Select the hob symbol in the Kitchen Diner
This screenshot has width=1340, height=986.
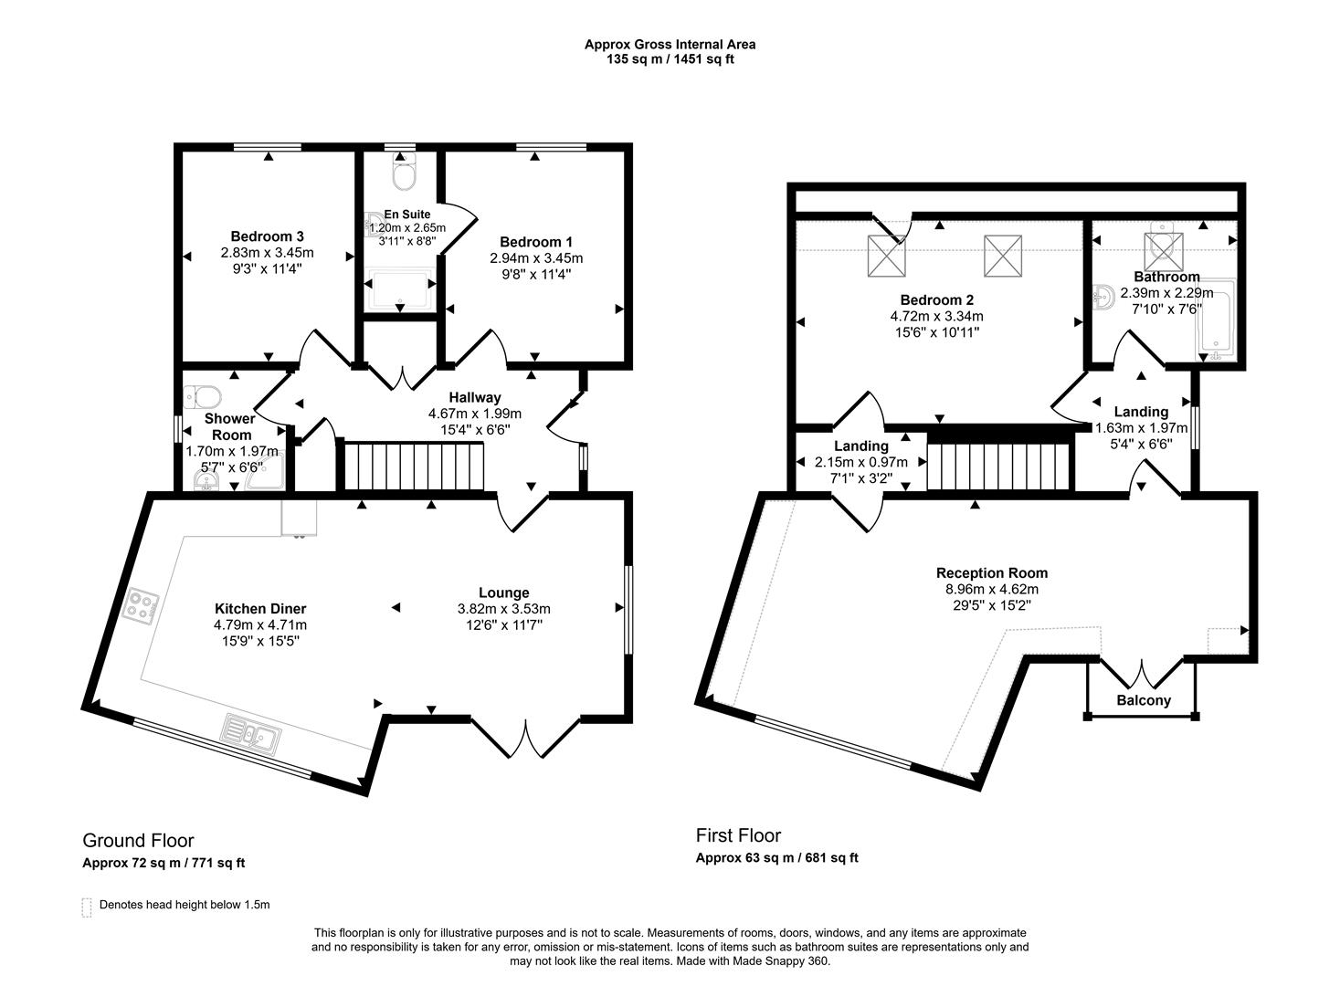click(x=142, y=604)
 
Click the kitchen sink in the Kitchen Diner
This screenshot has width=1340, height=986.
click(x=250, y=733)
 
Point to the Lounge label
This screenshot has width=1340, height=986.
click(x=503, y=593)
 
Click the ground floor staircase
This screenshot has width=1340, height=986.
click(x=412, y=467)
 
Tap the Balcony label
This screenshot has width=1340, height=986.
click(x=1143, y=700)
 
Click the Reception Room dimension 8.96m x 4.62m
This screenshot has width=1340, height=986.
click(x=992, y=589)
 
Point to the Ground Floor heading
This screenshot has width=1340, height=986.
click(x=138, y=840)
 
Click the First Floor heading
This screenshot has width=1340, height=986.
click(x=738, y=835)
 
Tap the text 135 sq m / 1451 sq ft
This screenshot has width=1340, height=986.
click(x=670, y=59)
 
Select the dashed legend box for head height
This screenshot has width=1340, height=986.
click(x=87, y=906)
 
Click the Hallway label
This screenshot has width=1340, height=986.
click(x=474, y=397)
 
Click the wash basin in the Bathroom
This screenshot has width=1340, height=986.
click(x=1103, y=298)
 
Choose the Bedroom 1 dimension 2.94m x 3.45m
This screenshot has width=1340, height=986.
click(x=536, y=258)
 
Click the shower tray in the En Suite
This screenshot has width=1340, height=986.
click(x=399, y=288)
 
